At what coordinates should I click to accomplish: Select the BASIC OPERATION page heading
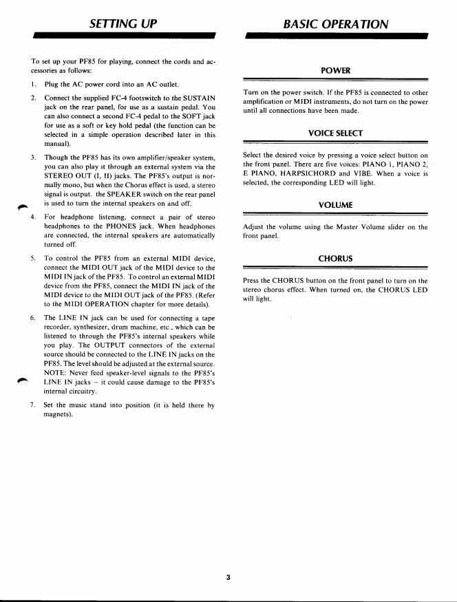point(336,24)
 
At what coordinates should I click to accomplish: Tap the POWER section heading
point(336,71)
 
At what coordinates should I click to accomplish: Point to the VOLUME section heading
point(336,204)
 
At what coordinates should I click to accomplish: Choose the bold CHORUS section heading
point(336,258)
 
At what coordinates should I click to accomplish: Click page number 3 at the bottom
point(228,577)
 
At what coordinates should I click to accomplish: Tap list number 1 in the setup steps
point(33,84)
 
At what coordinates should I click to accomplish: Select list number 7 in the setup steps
point(33,405)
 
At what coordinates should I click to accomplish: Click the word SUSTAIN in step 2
point(196,98)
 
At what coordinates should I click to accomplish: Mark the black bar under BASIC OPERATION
point(336,34)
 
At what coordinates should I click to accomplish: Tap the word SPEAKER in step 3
point(131,195)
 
